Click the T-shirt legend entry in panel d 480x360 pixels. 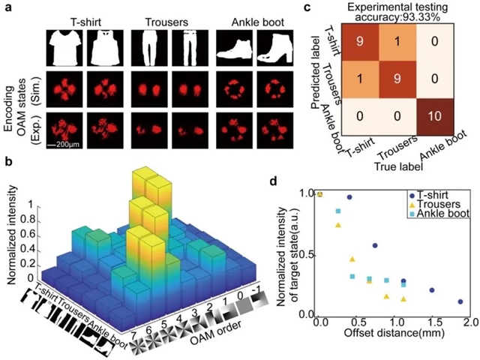tap(430, 193)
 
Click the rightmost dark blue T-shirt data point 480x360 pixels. tap(460, 301)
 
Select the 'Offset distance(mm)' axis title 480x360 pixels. tap(392, 334)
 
